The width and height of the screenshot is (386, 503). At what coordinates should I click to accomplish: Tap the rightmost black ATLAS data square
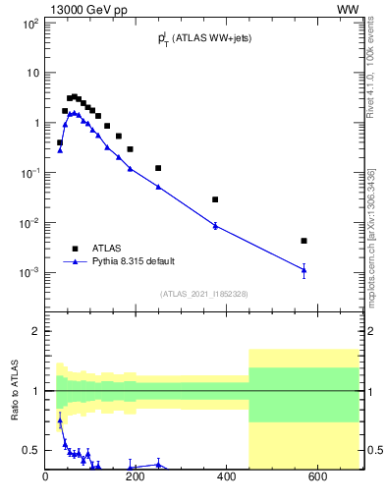(x=304, y=241)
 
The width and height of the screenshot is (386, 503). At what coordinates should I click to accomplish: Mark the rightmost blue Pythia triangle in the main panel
(x=304, y=269)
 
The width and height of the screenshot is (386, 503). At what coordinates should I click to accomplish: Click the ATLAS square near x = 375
(x=215, y=199)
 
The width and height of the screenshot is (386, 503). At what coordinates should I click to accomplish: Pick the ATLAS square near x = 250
(x=158, y=168)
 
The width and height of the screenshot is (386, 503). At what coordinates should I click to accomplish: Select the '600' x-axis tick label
(x=318, y=477)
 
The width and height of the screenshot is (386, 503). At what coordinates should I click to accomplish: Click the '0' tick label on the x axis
(x=46, y=477)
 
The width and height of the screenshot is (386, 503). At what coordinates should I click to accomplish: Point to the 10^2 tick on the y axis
(x=30, y=23)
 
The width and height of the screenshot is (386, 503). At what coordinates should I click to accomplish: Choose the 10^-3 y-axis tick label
(x=28, y=272)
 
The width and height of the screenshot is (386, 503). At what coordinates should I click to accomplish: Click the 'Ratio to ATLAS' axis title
(x=16, y=391)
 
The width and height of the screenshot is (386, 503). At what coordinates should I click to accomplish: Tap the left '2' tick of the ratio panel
(x=36, y=331)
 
